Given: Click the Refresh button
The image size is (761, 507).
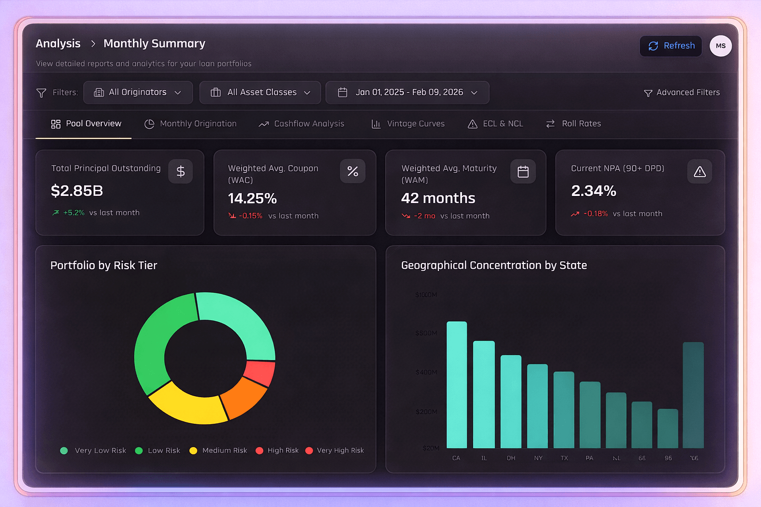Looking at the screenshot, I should [x=671, y=46].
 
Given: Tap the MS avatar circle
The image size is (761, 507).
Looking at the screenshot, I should [x=721, y=46].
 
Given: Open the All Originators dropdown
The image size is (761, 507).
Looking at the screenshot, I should [x=138, y=92].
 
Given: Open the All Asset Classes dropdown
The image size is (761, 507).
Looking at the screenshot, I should [x=260, y=92].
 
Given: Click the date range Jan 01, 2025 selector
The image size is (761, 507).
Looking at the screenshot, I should [x=407, y=92].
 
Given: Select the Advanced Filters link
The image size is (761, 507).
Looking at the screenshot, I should [x=682, y=92].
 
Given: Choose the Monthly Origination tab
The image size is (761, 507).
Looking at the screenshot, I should [x=190, y=124].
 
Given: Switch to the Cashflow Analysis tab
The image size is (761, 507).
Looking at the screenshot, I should [x=302, y=124].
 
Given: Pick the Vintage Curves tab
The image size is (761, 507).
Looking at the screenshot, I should [x=408, y=124].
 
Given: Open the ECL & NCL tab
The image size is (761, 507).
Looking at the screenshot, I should [x=496, y=124].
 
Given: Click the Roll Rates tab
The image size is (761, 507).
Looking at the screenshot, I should [x=574, y=124].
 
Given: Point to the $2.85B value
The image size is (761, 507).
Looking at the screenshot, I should [x=77, y=191].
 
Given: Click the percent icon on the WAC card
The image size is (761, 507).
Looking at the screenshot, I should [x=352, y=171].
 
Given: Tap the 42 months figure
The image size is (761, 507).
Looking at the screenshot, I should [x=438, y=198].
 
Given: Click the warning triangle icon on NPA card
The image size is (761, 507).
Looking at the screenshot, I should [x=699, y=172].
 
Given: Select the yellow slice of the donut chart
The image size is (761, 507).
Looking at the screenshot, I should [x=188, y=404].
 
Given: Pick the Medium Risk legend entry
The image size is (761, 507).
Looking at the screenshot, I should [x=218, y=450].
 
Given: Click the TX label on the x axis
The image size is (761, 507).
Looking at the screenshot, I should [x=564, y=458].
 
